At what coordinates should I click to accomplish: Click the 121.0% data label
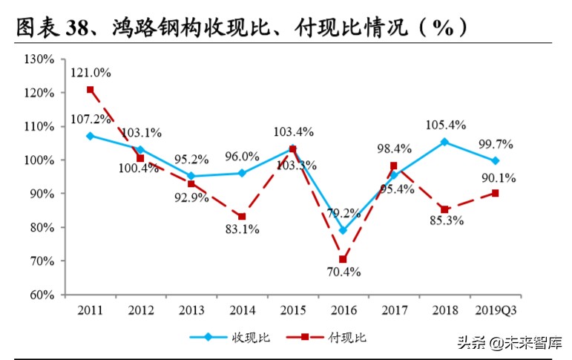(91, 73)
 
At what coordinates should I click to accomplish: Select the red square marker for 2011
(90, 90)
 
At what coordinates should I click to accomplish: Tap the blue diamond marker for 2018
(444, 142)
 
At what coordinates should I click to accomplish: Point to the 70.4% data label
(342, 272)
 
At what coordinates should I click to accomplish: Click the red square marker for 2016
(343, 260)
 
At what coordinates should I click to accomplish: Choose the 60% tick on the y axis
(40, 295)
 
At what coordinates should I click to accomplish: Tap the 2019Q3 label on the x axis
(495, 310)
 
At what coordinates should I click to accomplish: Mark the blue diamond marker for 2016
(343, 230)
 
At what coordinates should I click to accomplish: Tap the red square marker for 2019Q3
(495, 193)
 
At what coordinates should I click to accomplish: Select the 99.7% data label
(495, 143)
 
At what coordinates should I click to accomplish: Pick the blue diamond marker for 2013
(191, 176)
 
